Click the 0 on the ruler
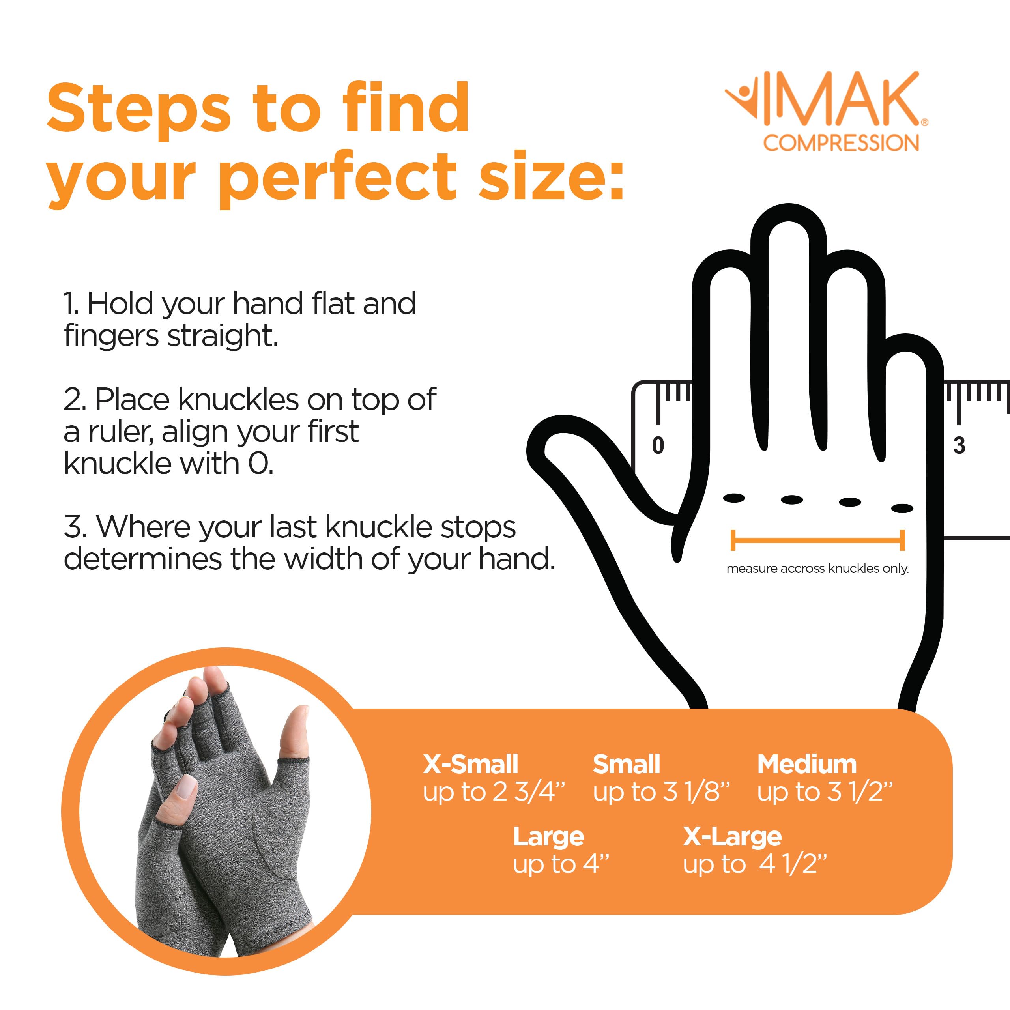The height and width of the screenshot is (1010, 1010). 658,445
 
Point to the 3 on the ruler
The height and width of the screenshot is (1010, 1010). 959,445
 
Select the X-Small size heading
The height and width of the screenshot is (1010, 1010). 470,764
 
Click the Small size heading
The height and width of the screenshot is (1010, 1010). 626,764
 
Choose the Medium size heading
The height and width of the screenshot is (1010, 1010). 807,764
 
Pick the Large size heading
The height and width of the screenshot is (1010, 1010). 548,836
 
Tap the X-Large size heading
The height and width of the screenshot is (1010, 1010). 732,836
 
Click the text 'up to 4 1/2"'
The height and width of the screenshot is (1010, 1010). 754,864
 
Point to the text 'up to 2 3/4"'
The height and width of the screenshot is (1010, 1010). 494,792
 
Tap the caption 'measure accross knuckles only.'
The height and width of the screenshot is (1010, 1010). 817,569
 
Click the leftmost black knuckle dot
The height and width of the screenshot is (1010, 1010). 734,498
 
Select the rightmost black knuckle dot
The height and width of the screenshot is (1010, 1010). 902,508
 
